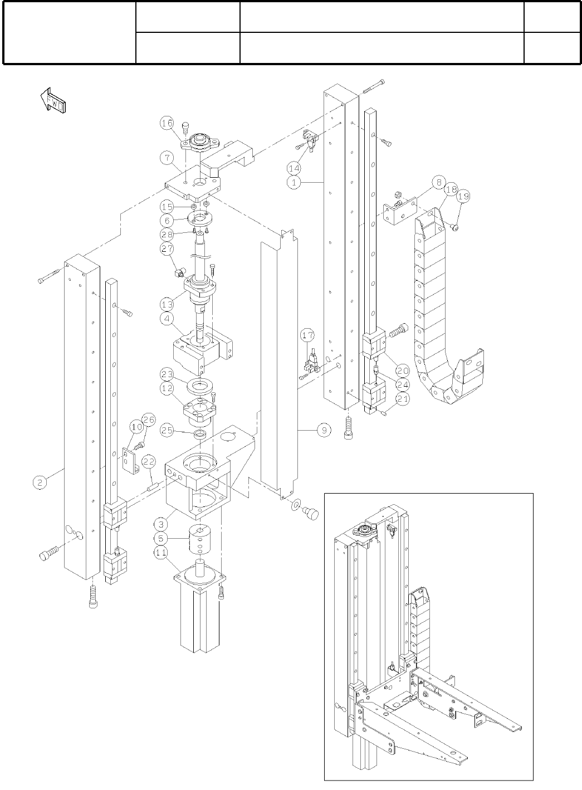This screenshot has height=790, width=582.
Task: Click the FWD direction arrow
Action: click(x=53, y=100)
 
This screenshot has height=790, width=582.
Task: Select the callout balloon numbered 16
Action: click(x=167, y=123)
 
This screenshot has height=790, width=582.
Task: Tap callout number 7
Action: click(x=167, y=157)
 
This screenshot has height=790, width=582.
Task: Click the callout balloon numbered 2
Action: click(x=40, y=482)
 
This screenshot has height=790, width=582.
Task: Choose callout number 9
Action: click(x=324, y=430)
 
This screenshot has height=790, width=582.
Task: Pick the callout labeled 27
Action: click(x=167, y=248)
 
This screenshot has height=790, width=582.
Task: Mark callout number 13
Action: click(x=167, y=304)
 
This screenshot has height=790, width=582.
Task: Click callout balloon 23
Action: click(x=167, y=374)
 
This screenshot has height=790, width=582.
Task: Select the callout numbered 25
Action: click(x=167, y=430)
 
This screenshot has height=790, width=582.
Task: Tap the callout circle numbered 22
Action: click(x=149, y=462)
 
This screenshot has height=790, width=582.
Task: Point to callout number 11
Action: click(x=161, y=553)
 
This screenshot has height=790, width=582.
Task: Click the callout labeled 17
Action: click(x=308, y=335)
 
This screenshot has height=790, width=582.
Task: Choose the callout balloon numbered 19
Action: click(x=463, y=196)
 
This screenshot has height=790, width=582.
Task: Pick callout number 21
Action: click(x=402, y=399)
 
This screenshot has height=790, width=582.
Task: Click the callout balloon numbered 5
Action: click(x=161, y=539)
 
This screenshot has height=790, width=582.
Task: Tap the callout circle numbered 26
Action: click(x=148, y=420)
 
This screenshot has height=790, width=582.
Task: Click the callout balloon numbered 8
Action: click(x=439, y=183)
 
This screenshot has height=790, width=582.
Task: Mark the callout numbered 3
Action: click(x=161, y=524)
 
